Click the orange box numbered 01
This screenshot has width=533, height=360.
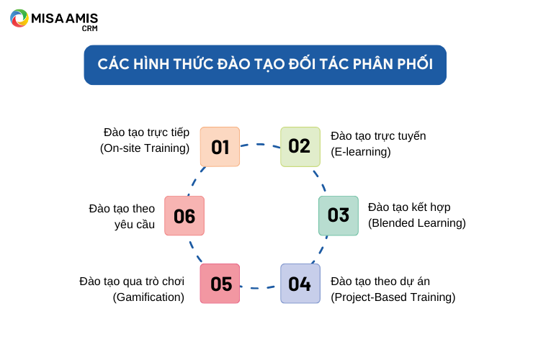coord(220,147)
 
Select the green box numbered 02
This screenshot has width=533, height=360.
coord(300,147)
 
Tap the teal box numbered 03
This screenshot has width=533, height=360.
coord(339,215)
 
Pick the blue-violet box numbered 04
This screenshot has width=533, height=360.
coord(300,284)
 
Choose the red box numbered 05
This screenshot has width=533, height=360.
coord(220,284)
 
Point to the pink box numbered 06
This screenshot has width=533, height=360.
coord(184,215)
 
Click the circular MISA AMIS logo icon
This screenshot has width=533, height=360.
coord(19,18)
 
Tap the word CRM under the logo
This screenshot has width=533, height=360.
coord(90,29)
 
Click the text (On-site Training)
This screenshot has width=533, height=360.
coord(145,148)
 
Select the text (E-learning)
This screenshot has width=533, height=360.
coord(361,152)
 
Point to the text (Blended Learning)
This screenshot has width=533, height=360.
coord(417,223)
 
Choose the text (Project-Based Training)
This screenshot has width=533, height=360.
coord(393,297)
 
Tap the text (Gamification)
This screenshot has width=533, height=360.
coord(148,297)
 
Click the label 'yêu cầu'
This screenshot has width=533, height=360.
coord(135,225)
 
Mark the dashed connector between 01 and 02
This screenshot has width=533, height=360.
coord(261,145)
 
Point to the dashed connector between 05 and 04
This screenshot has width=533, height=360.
coord(260,288)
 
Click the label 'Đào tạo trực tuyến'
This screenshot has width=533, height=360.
coord(378,136)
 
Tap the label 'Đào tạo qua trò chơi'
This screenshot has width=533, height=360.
coord(132,282)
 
